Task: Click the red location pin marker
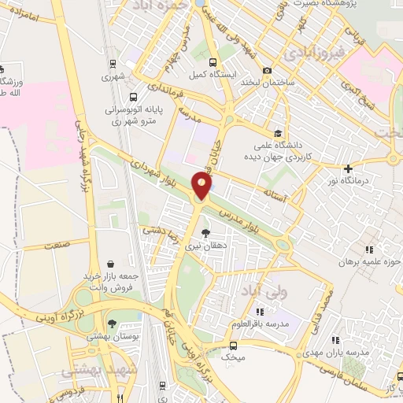202,186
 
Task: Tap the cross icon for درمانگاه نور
348,168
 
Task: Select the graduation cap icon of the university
276,133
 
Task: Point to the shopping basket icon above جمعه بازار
110,264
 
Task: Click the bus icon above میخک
233,345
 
